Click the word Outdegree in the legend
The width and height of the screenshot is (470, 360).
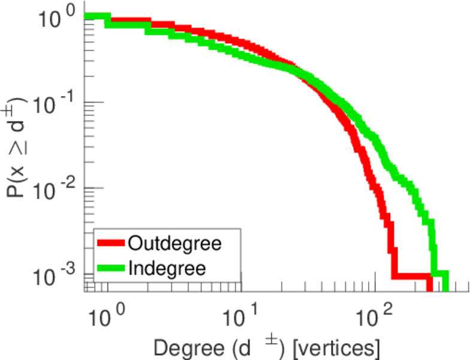(174, 244)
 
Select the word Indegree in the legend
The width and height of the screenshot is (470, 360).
(167, 267)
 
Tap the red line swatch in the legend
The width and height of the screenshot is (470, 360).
(111, 244)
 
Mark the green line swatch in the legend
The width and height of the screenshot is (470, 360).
(111, 267)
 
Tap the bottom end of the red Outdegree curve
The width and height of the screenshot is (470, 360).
(430, 288)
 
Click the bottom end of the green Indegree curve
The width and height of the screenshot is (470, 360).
(445, 288)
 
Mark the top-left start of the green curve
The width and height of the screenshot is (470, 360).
(88, 16)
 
